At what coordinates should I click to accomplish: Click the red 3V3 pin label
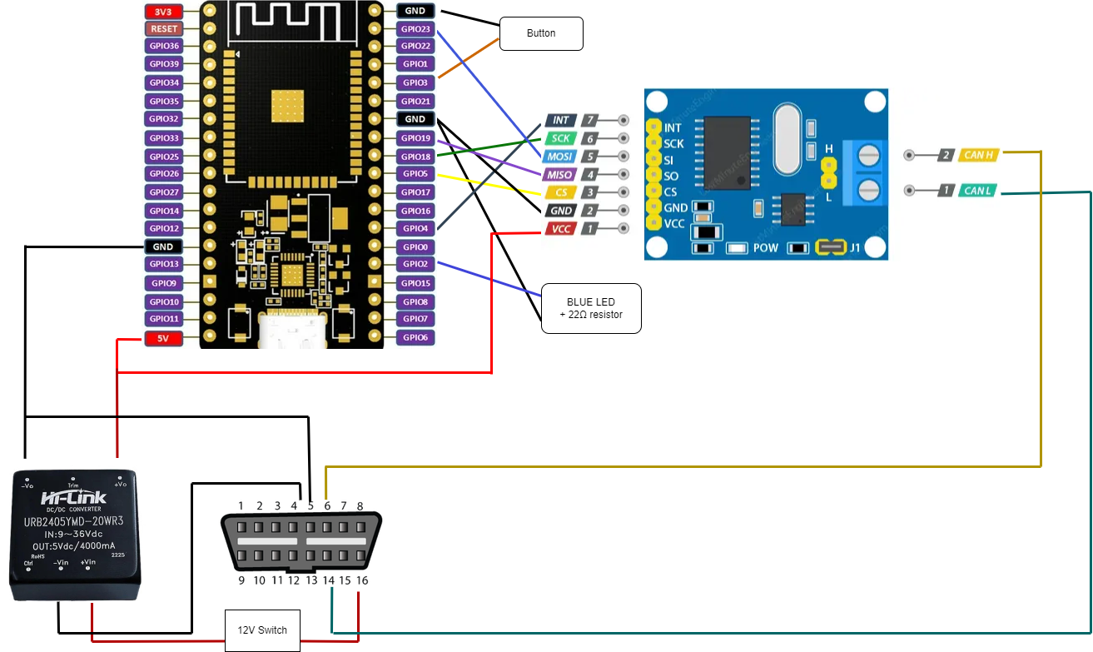[x=163, y=12]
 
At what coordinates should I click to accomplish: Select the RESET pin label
[x=163, y=28]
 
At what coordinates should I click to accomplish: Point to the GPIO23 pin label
[x=415, y=29]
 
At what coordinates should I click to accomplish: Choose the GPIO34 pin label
[x=163, y=82]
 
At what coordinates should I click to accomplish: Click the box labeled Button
[x=541, y=34]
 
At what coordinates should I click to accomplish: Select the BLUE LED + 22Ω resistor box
[x=591, y=308]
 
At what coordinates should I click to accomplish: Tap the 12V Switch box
[x=262, y=630]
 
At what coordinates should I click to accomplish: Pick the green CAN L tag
[x=979, y=191]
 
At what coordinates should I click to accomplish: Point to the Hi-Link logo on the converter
[x=74, y=498]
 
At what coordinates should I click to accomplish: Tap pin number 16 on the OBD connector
[x=361, y=580]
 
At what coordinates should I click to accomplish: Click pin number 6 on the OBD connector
[x=326, y=505]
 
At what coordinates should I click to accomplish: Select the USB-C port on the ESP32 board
[x=292, y=332]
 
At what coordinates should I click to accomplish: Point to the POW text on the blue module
[x=766, y=248]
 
